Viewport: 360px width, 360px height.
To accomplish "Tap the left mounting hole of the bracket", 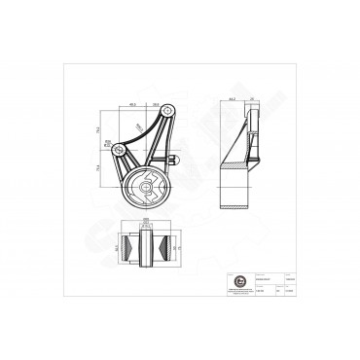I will tap(119, 149).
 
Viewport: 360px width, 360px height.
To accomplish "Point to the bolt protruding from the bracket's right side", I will tap(173, 160).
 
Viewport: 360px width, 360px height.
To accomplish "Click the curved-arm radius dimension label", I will tap(139, 126).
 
